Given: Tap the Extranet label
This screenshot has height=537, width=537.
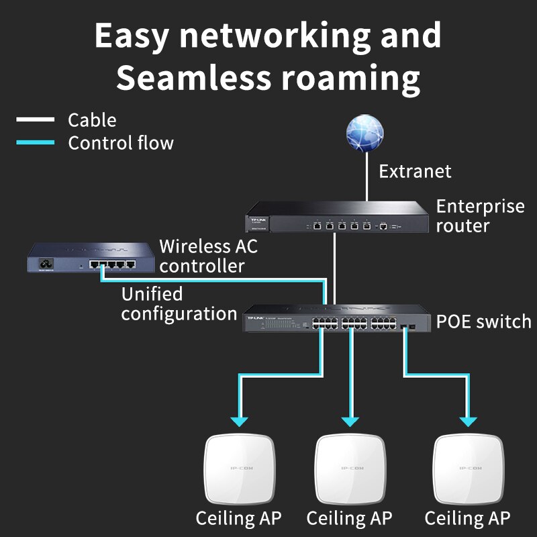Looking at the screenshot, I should click(415, 171).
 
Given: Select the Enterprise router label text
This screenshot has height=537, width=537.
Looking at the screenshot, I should click(479, 215).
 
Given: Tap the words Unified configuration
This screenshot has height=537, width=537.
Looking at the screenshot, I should click(179, 304).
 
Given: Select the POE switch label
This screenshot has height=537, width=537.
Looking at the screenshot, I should click(483, 322).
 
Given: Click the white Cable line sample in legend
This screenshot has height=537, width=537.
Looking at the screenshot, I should click(35, 120).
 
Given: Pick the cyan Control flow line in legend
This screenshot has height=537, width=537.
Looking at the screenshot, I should click(35, 142).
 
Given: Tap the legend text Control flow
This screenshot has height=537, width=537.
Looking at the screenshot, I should click(121, 143).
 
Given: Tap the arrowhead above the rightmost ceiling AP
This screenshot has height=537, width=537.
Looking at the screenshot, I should click(468, 421).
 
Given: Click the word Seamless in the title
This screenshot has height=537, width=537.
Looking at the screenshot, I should click(191, 79).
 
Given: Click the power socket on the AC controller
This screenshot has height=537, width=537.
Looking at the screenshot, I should click(47, 262).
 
